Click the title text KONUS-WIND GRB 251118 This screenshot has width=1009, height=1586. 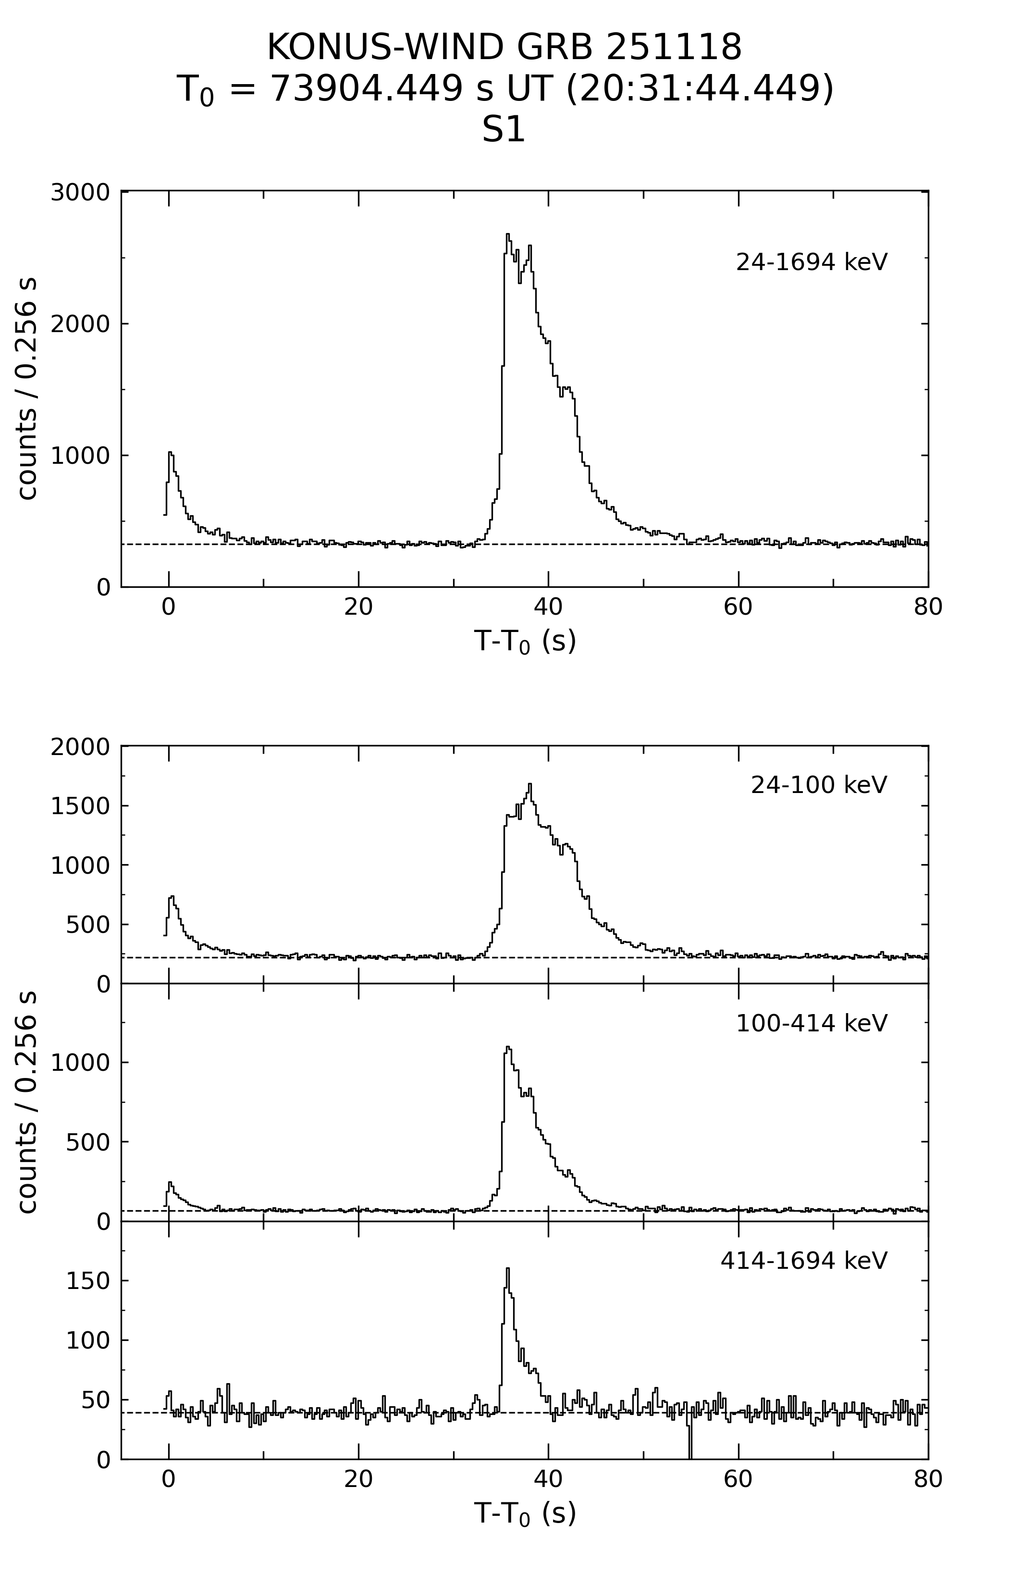click(504, 48)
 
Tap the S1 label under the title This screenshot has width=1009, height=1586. click(504, 130)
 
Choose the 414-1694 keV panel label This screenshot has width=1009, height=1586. click(803, 1261)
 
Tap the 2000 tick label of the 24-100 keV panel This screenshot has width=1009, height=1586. click(80, 747)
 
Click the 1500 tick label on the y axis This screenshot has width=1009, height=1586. click(80, 806)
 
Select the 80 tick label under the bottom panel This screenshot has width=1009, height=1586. click(927, 1479)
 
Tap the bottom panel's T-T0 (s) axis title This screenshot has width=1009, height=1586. click(525, 1513)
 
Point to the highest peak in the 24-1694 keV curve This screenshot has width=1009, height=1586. click(507, 235)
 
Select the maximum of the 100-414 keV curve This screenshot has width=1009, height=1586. click(507, 1047)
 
